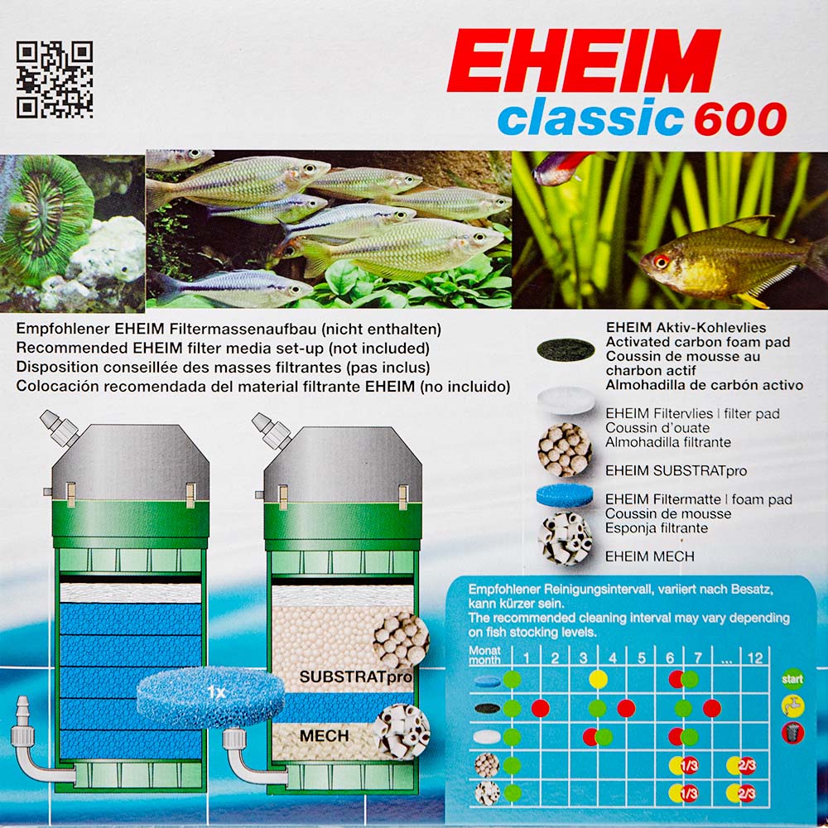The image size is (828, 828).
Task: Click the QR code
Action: click(x=55, y=79)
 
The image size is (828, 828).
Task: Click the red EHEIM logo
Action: click(x=584, y=60)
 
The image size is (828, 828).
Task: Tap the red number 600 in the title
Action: click(x=740, y=118)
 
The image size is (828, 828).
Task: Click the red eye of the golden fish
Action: click(x=661, y=261)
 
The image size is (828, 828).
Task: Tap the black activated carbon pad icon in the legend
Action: click(x=566, y=349)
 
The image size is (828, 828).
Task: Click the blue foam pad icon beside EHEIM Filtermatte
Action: click(x=565, y=497)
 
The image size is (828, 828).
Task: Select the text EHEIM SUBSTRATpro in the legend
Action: click(x=676, y=470)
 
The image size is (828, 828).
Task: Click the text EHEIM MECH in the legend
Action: click(x=649, y=556)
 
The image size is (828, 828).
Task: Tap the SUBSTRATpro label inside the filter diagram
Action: click(x=355, y=677)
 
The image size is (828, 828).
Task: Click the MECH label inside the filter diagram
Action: click(x=324, y=735)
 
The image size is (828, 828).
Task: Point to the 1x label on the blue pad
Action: click(x=215, y=691)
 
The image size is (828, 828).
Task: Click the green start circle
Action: click(x=792, y=679)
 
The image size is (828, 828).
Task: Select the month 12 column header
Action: click(x=754, y=658)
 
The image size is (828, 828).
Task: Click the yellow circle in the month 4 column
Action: click(x=598, y=679)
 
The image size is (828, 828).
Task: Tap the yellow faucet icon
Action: click(x=792, y=706)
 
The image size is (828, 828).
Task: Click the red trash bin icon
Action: click(x=792, y=733)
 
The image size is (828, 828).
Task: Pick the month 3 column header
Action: click(x=583, y=658)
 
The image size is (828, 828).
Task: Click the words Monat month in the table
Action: click(x=484, y=655)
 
